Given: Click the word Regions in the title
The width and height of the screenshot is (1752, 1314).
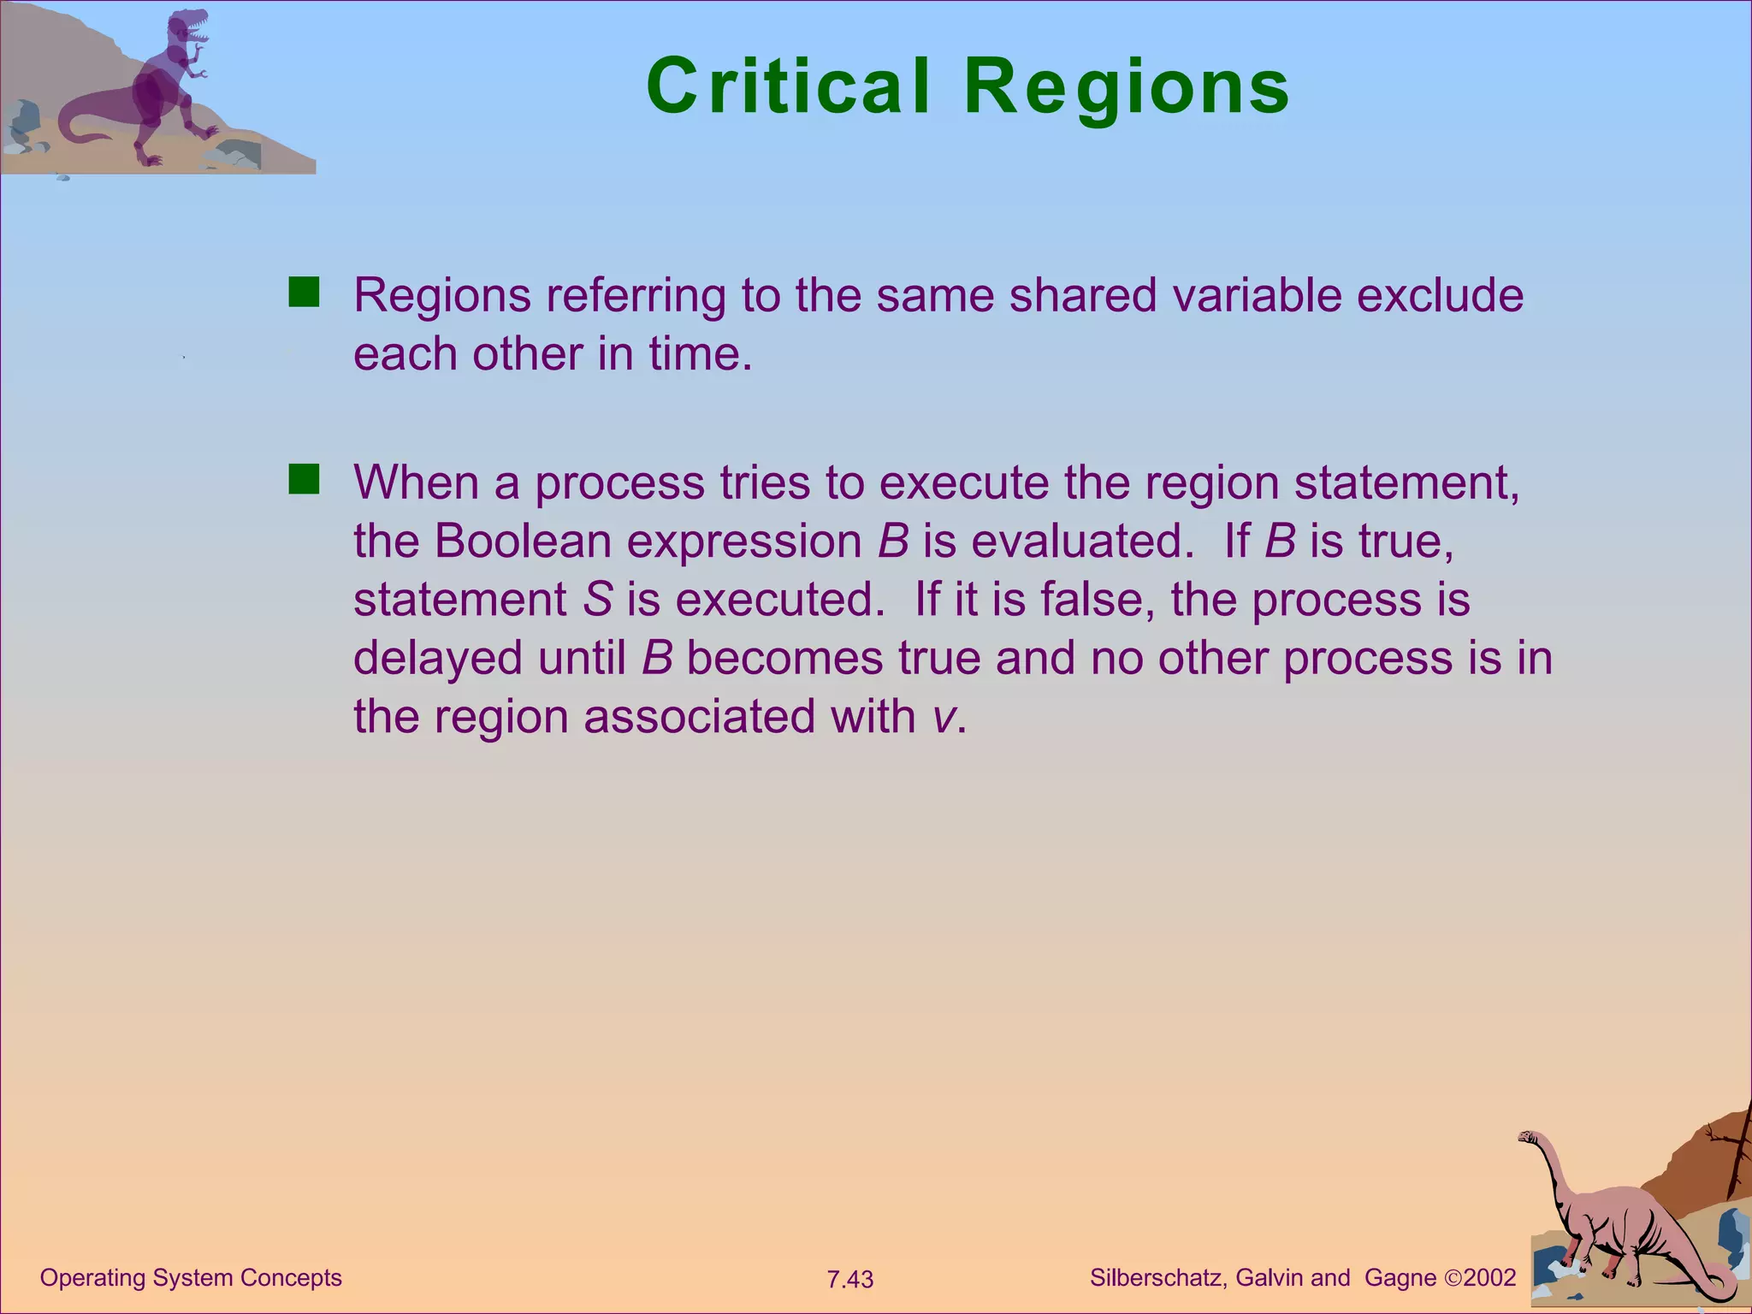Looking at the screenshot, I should coord(1127,87).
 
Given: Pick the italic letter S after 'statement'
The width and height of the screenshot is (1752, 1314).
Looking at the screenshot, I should coord(597,599).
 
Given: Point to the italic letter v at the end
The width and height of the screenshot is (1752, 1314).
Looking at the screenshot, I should coord(943,716).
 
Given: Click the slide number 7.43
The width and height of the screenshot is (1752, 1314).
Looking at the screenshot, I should coord(849,1279).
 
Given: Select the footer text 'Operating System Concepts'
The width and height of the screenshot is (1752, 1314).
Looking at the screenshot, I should coord(191,1277).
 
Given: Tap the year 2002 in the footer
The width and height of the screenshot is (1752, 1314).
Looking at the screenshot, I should coord(1489,1277).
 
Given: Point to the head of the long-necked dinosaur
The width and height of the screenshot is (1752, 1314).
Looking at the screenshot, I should coord(1529,1137).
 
